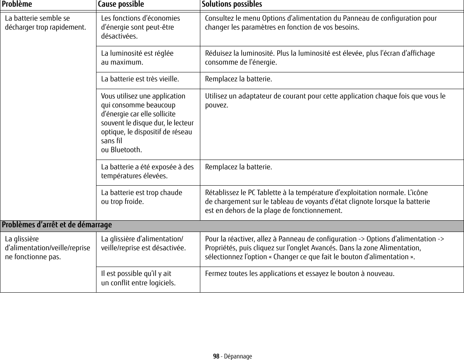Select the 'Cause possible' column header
(x=121, y=4)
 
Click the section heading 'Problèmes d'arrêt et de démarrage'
(x=57, y=225)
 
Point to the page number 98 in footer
(x=216, y=356)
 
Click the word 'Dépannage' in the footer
(x=238, y=356)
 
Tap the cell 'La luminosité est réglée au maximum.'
(x=137, y=58)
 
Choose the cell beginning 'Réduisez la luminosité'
(x=320, y=58)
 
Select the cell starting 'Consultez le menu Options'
(x=320, y=23)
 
